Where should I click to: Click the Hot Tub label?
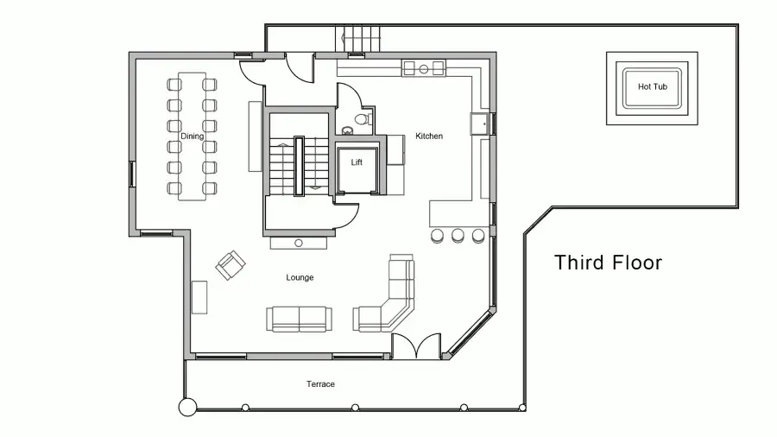point(652,86)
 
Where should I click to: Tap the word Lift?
point(357,162)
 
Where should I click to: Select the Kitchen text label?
point(429,136)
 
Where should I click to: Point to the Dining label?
point(192,136)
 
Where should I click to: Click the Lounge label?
point(300,277)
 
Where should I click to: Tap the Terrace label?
point(320,384)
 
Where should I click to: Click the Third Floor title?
point(608,263)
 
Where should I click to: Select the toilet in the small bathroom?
point(363,119)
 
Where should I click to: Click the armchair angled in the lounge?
point(231,265)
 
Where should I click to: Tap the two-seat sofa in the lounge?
point(300,319)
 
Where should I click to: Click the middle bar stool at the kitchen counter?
point(458,236)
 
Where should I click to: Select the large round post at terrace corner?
point(188,408)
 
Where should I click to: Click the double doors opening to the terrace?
point(416,345)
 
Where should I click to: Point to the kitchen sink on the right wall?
point(480,123)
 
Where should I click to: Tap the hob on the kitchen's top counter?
point(424,68)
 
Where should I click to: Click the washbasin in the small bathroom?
point(348,130)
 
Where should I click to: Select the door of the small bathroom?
point(351,96)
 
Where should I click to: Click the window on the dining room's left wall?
point(132,174)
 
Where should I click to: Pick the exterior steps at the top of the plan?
point(357,38)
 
